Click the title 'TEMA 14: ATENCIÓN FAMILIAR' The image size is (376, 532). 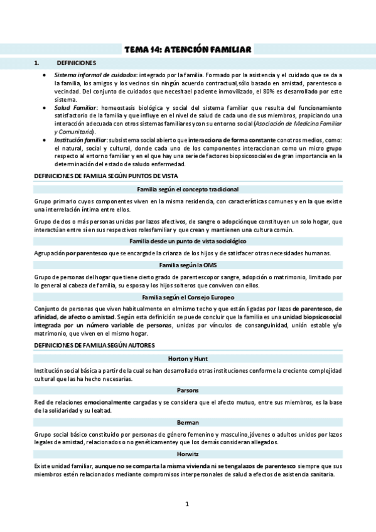188,49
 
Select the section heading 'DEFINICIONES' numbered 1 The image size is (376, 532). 76,63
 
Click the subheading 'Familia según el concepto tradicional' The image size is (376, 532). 188,189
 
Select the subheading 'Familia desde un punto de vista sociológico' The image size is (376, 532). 188,241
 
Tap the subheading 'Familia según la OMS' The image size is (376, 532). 188,265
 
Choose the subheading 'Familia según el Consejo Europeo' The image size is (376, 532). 188,297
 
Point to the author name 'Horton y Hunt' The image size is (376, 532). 188,358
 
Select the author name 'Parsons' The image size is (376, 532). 188,390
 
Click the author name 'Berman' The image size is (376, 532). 188,422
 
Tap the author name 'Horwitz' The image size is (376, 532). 188,453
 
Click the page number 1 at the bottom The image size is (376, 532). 187,504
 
